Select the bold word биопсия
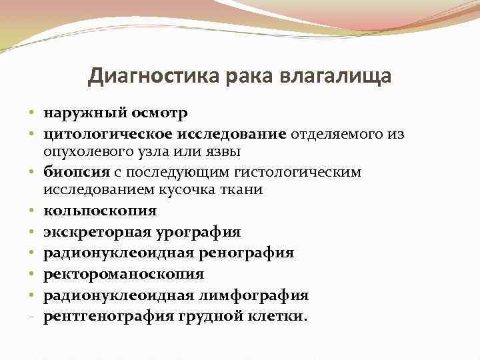[71, 172]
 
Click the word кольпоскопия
[100, 211]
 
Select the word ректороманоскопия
[123, 274]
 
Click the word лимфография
[261, 295]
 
